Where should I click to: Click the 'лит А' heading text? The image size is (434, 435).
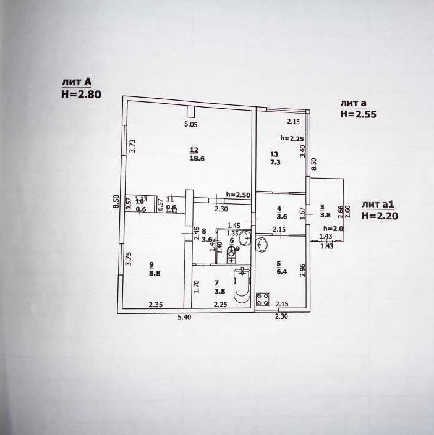click(76, 82)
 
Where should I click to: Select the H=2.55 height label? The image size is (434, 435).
click(358, 114)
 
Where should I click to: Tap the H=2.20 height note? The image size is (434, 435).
click(379, 216)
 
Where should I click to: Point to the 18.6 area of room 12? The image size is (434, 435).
click(197, 159)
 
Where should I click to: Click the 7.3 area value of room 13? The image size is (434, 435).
click(274, 163)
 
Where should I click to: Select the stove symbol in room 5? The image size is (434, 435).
click(262, 299)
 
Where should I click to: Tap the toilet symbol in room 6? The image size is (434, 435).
click(232, 252)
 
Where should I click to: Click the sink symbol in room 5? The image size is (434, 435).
click(262, 245)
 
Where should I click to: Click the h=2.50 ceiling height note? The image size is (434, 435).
click(238, 195)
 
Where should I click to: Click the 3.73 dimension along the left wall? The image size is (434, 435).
click(132, 146)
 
